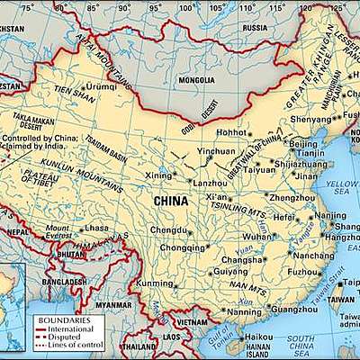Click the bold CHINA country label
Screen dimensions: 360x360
click(171, 201)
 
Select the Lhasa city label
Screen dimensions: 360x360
click(94, 229)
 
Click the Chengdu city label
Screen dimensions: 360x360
click(168, 230)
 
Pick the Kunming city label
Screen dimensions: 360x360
click(154, 283)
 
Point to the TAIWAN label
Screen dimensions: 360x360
click(339, 299)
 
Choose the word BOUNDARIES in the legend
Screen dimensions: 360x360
click(64, 320)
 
